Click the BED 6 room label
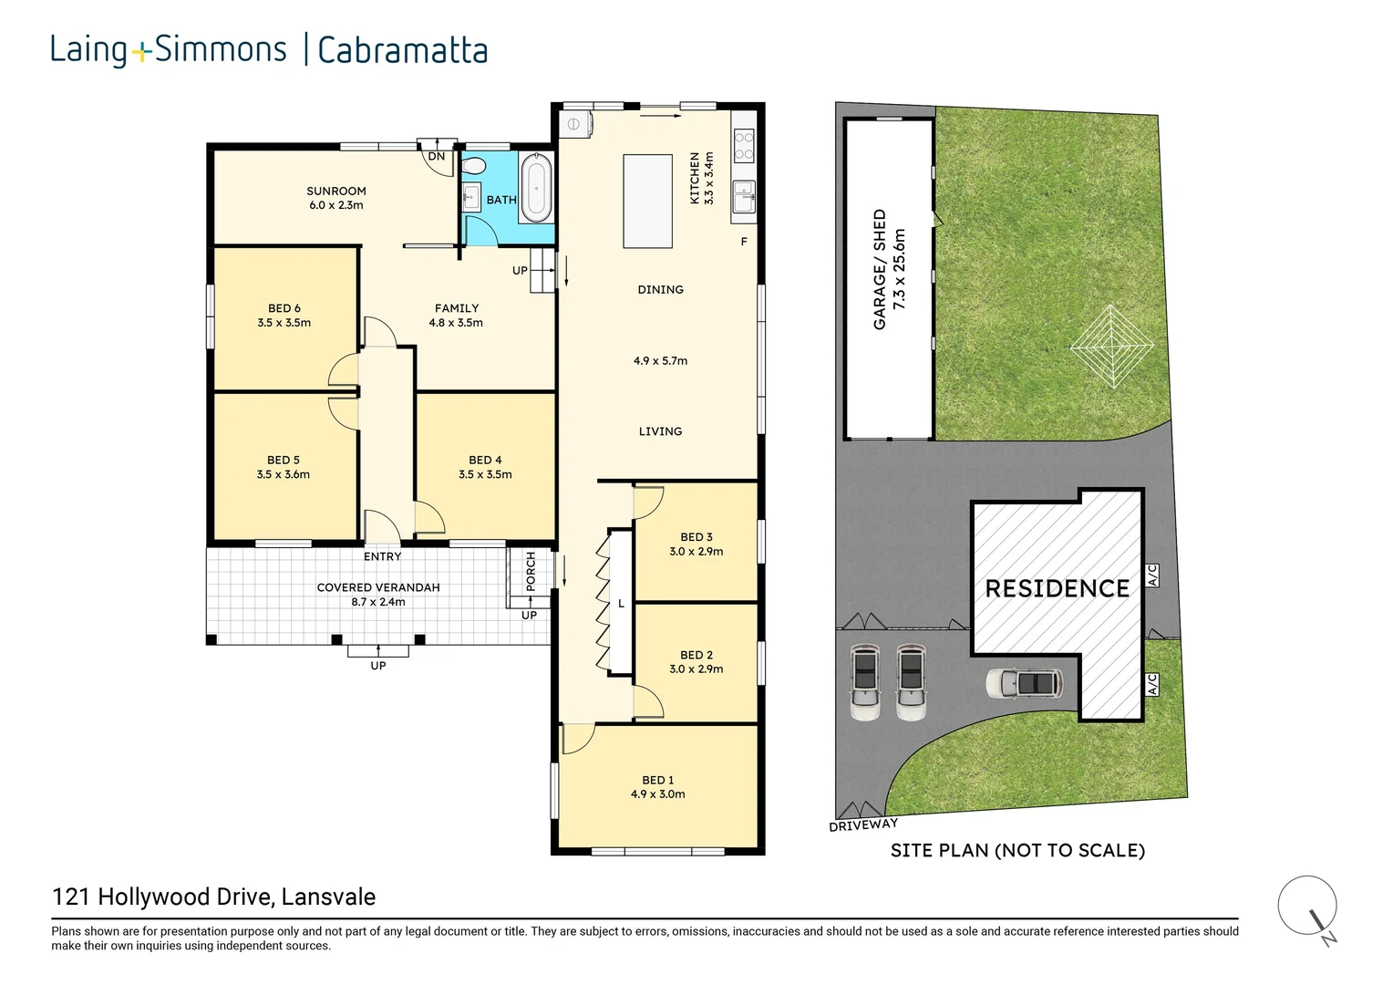(x=284, y=308)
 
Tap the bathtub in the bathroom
(x=535, y=188)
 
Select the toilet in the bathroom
(x=474, y=166)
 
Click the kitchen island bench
(x=647, y=201)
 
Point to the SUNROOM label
(x=335, y=191)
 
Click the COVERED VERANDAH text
(x=378, y=587)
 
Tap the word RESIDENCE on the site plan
(x=1057, y=588)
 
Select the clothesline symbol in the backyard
(x=1112, y=346)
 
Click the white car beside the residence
(x=1024, y=683)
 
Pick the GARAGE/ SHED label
(x=880, y=269)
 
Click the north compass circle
(x=1307, y=906)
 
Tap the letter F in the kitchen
(x=744, y=242)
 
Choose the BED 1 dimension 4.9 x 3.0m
(x=657, y=794)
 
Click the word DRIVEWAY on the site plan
(x=863, y=825)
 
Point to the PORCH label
(x=530, y=571)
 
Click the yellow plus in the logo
(x=142, y=53)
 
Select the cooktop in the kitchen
(x=744, y=146)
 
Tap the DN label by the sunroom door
(x=437, y=156)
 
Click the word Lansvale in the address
(x=328, y=897)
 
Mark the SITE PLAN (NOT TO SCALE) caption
(x=1017, y=850)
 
